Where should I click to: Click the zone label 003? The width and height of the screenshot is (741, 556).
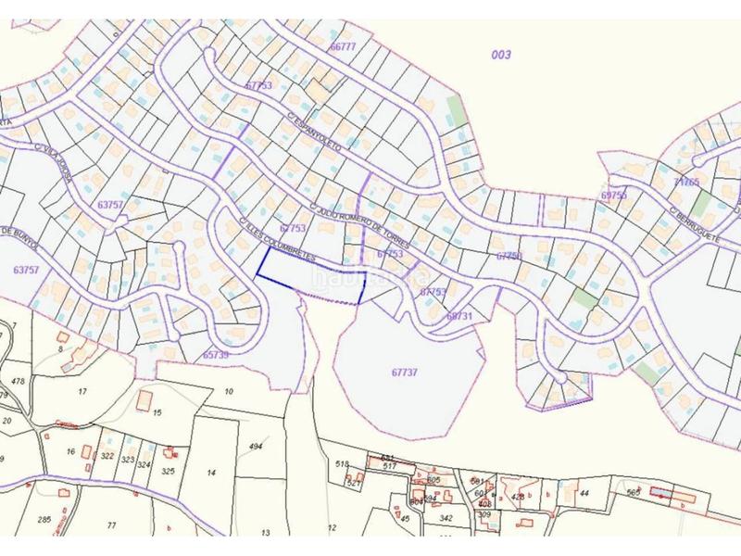(x=501, y=55)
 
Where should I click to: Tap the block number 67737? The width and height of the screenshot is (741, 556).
(x=405, y=372)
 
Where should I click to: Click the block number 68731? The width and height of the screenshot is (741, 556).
(x=458, y=316)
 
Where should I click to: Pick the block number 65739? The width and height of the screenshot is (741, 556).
(x=215, y=355)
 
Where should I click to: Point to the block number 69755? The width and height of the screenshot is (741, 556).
(x=613, y=196)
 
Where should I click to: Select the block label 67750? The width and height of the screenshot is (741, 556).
(x=509, y=257)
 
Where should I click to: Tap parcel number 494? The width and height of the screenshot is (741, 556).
(x=257, y=448)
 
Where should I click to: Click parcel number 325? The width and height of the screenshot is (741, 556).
(x=168, y=471)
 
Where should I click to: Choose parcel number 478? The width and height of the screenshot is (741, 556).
(x=17, y=381)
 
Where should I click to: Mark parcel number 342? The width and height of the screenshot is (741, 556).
(x=446, y=517)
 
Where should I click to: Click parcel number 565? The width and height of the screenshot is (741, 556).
(x=634, y=492)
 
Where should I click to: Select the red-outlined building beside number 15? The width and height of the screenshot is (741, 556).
(x=145, y=398)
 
